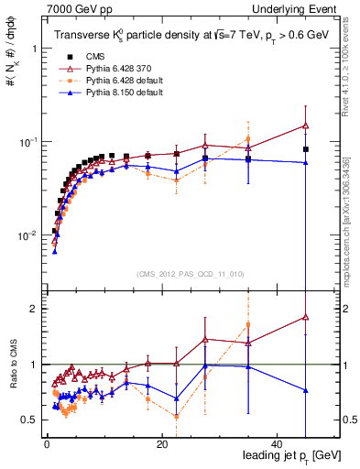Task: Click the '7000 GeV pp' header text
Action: click(x=74, y=8)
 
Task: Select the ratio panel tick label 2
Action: click(x=35, y=309)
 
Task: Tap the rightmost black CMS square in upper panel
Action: click(x=306, y=149)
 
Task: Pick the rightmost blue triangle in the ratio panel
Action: click(x=306, y=390)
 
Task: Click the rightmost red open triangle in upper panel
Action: click(x=306, y=125)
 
